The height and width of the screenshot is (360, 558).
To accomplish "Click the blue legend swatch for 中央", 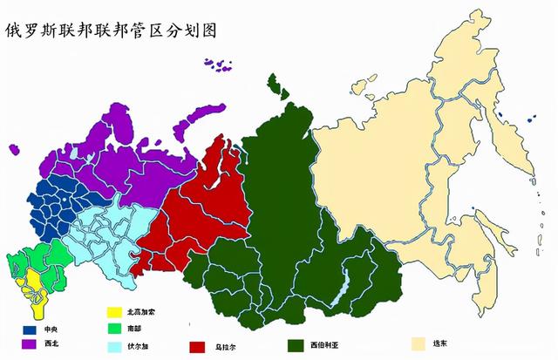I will [30, 330].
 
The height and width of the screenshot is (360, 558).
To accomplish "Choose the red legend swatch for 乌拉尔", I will [197, 346].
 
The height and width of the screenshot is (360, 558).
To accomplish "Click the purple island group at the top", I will [220, 65].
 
